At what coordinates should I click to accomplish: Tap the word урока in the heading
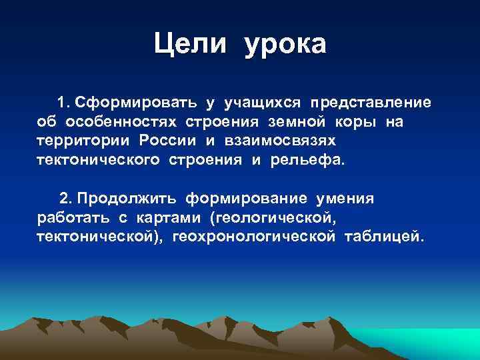[285, 45]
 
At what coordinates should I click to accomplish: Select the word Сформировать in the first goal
[136, 103]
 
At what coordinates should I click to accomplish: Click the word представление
[369, 103]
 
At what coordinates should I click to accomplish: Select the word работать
[67, 218]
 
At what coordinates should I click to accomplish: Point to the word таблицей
[383, 237]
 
